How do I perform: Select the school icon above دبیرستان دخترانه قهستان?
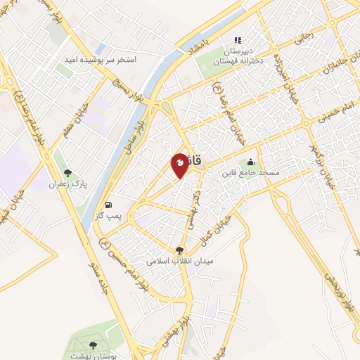(x=238, y=40)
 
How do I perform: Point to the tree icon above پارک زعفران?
(x=68, y=172)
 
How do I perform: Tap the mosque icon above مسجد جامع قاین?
(x=250, y=162)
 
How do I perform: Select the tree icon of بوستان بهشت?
(x=93, y=345)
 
